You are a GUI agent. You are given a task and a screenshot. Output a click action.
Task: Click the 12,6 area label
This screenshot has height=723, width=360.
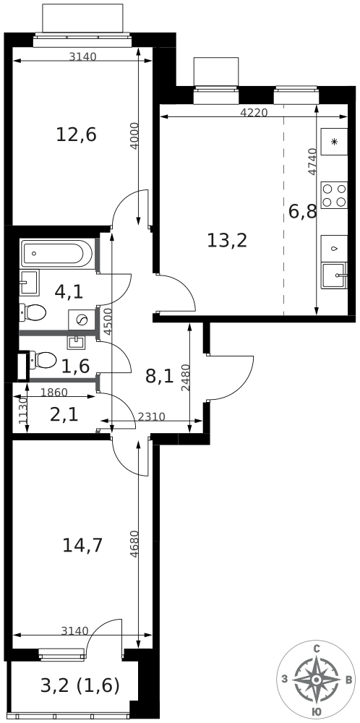point(76,134)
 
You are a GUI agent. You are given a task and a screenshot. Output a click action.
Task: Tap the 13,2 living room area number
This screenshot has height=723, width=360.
point(227,241)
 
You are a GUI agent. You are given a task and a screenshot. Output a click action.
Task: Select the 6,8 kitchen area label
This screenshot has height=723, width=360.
point(302,212)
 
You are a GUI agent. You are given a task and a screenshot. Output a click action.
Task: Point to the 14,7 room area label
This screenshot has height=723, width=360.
point(82,545)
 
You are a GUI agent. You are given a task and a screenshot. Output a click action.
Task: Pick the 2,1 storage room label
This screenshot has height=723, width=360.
point(64,414)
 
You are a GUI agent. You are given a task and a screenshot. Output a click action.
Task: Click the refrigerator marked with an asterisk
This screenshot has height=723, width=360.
point(334,142)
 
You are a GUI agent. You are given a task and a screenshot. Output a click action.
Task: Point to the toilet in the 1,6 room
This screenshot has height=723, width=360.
point(44,359)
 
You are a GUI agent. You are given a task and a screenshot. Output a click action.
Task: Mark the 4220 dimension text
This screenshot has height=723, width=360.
point(253,112)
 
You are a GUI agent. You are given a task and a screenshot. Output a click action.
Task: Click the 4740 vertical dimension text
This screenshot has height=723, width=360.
point(312,162)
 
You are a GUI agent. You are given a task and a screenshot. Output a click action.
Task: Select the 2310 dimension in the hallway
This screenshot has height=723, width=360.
point(151,416)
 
